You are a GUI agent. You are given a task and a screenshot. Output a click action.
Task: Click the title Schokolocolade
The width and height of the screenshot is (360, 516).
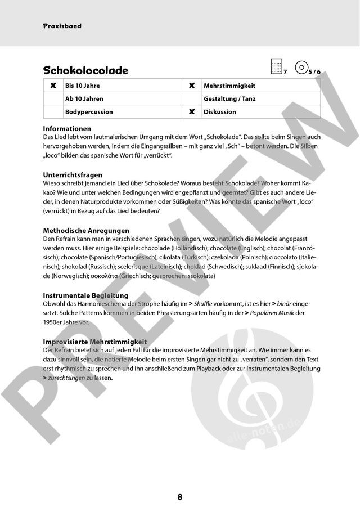click(x=85, y=70)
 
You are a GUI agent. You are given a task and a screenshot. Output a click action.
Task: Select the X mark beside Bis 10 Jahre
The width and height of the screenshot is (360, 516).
click(x=53, y=86)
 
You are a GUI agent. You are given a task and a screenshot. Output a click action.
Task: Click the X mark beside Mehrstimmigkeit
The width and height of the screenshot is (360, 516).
click(x=192, y=86)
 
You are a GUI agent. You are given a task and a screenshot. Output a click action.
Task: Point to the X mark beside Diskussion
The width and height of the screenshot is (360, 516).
click(x=192, y=111)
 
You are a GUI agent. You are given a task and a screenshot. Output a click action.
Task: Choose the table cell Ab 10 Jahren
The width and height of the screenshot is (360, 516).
click(x=84, y=98)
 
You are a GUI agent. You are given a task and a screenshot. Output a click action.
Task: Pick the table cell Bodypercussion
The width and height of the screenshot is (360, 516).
click(x=89, y=111)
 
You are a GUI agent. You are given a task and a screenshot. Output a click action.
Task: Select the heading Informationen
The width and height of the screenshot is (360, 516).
click(x=67, y=129)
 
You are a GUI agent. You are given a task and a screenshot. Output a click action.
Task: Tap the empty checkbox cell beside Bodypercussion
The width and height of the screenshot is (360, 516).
click(x=53, y=111)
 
